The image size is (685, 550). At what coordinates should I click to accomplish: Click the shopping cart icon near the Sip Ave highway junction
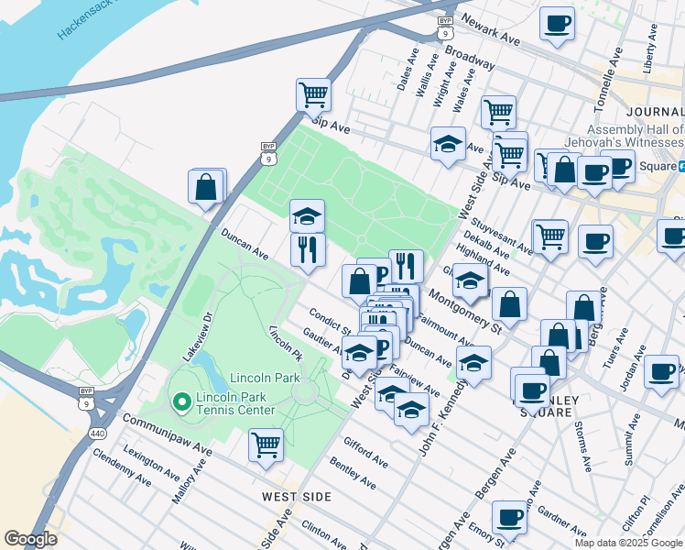point(313,93)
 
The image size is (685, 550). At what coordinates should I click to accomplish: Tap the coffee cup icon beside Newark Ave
point(556,24)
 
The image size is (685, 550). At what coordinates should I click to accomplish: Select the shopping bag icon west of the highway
point(207,186)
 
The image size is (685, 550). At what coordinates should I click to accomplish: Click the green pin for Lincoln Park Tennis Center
point(180,401)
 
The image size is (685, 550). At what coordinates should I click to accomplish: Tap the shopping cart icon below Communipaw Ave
point(266,445)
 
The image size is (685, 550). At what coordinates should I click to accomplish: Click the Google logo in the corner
point(30,539)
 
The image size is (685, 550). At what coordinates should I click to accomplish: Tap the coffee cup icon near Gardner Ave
point(508,517)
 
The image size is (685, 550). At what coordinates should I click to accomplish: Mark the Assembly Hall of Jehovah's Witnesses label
point(636,137)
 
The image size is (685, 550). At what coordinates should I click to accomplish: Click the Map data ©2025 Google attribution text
point(628,543)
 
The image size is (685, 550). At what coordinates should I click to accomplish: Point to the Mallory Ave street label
point(190,483)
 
